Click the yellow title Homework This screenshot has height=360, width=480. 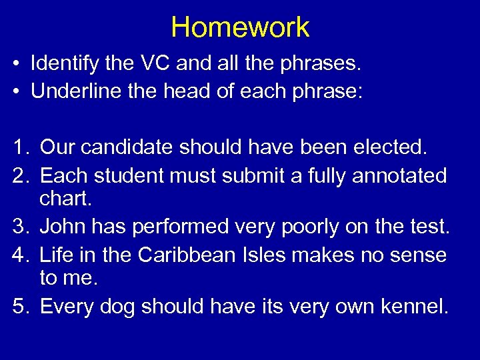[x=240, y=27]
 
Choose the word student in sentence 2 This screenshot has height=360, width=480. [x=132, y=176]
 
